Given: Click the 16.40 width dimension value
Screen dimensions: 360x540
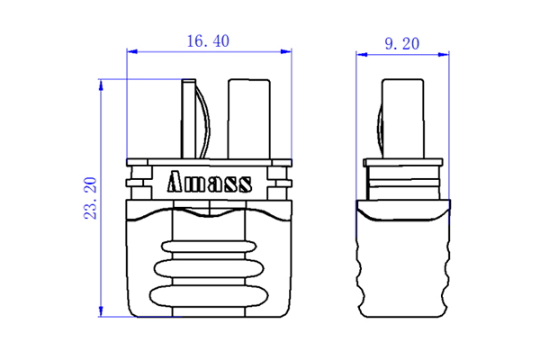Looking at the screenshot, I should click(209, 41).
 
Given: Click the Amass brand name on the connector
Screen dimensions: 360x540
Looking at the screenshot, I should click(210, 184).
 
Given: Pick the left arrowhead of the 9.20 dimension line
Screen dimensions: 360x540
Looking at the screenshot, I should click(361, 54).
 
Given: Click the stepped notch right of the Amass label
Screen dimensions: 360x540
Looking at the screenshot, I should click(281, 184).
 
